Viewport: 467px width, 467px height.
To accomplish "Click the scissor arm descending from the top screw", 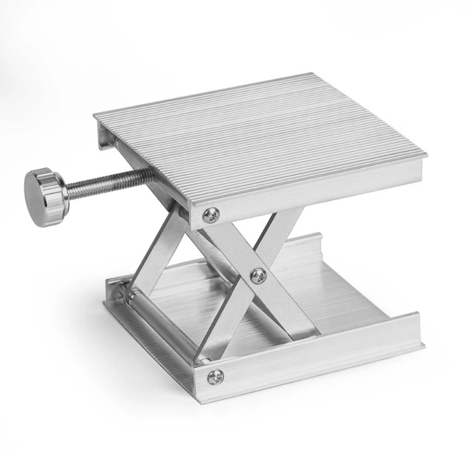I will click(x=233, y=245).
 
